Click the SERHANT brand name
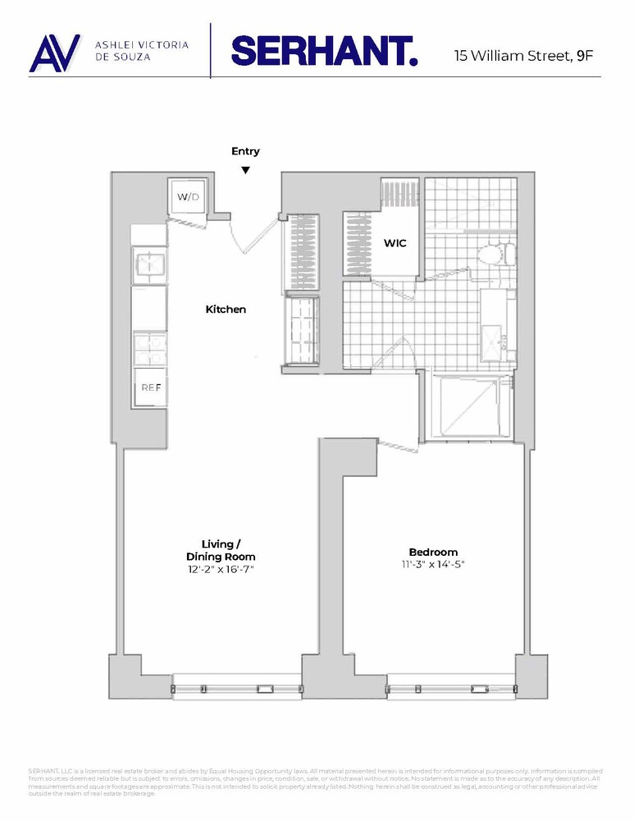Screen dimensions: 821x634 (325, 50)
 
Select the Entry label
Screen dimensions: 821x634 (245, 151)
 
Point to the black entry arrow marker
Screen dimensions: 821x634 (245, 170)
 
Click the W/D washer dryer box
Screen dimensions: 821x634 (189, 196)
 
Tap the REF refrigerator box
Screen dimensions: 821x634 (151, 387)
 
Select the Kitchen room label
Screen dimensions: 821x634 (226, 310)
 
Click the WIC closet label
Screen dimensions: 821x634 (395, 244)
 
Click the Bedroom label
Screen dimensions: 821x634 (433, 552)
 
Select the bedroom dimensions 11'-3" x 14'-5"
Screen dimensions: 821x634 (433, 564)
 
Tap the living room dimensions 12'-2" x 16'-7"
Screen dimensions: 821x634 (221, 569)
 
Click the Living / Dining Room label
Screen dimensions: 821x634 (221, 550)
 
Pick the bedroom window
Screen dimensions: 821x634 (450, 688)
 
